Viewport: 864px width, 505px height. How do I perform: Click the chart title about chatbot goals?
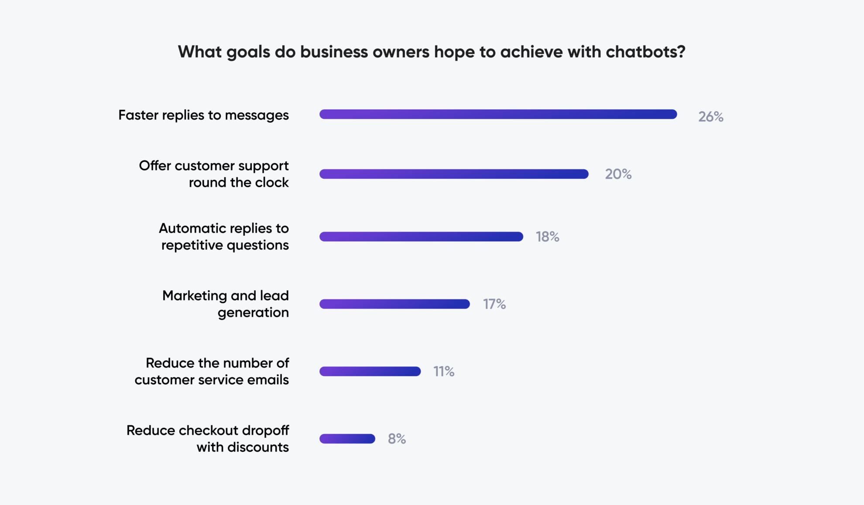432,52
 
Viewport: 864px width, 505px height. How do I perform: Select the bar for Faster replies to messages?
498,114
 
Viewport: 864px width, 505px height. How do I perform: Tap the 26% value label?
710,117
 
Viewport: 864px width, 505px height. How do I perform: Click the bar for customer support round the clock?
454,174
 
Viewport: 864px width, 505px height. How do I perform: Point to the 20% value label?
618,174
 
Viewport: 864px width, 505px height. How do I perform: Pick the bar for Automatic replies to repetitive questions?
421,237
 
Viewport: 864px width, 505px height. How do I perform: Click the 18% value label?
547,237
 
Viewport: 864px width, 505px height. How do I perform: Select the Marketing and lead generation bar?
394,304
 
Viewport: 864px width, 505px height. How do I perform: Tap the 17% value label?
494,304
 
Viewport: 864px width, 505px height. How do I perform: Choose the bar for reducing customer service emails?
370,371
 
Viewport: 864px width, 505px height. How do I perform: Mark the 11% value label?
443,371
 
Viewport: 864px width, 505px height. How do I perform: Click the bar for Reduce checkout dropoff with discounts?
347,439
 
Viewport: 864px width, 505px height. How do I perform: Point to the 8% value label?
397,439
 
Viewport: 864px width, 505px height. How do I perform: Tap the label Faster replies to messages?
203,115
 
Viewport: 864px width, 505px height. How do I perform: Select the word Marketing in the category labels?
195,295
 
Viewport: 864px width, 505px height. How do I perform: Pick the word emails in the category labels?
268,380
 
